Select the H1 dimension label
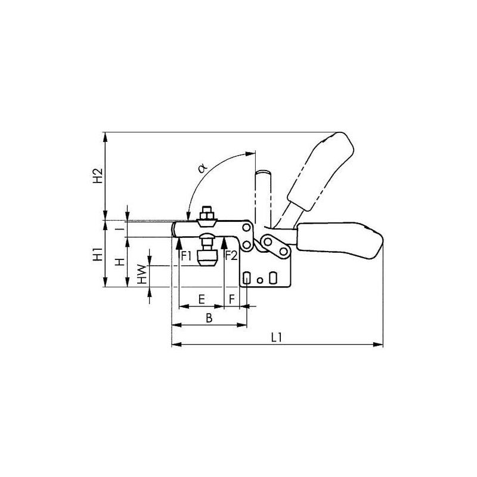coord(97,255)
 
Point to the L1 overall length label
coord(275,337)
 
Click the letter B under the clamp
coord(209,318)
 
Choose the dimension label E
coord(202,298)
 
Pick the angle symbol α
coord(202,169)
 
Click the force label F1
coord(187,256)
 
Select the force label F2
coord(231,256)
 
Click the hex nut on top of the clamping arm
coord(206,213)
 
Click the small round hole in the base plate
coord(259,278)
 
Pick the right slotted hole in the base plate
coord(272,278)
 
